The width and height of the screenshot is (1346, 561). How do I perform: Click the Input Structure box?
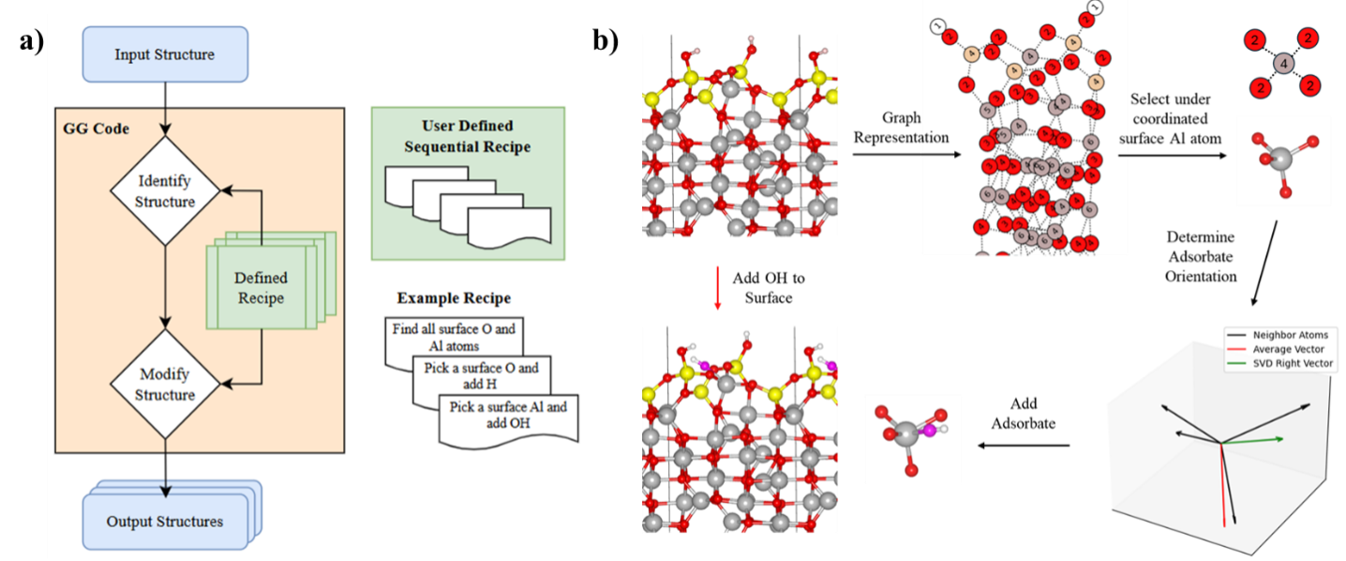click(165, 54)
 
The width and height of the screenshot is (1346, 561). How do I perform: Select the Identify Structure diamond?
click(165, 190)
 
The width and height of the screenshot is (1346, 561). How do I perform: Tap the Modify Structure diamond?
click(165, 384)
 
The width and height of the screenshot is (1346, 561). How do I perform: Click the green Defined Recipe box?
click(261, 287)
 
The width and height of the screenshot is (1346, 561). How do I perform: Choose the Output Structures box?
click(165, 522)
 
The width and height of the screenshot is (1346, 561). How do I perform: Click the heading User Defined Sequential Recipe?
click(468, 136)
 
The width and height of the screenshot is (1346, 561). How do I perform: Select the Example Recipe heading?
click(455, 298)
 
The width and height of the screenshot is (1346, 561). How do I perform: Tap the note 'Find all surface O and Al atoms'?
click(453, 336)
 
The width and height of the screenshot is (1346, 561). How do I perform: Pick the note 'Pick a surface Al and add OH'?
click(508, 416)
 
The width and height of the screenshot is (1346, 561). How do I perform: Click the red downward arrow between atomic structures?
click(717, 287)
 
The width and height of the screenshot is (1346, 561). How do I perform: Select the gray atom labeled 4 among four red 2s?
click(1283, 64)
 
